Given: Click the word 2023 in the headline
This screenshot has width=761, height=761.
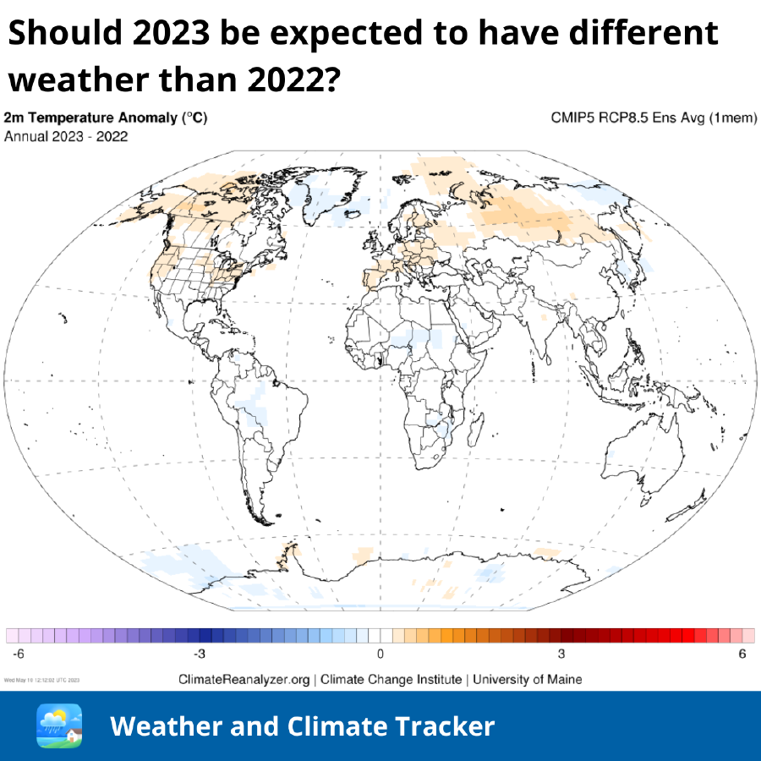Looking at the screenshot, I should tap(172, 34).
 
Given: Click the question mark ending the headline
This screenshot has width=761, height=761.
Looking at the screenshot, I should tap(332, 80).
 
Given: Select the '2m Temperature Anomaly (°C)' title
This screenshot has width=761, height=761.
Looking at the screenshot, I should tap(106, 118).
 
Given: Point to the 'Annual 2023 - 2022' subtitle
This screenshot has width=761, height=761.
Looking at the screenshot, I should tap(67, 136).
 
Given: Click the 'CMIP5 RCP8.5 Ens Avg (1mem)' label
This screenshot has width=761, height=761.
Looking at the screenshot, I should tap(654, 118).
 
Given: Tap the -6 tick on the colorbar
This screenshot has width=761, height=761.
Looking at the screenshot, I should tap(18, 654).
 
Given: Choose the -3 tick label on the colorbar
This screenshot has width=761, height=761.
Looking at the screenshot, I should tap(199, 654).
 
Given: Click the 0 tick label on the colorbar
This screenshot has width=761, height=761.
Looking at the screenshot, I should tap(380, 654).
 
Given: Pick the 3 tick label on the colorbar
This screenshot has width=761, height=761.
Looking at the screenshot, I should tap(561, 654).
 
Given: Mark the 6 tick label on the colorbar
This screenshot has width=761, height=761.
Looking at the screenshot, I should tap(742, 654).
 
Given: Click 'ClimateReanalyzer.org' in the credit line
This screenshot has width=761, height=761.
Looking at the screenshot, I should tap(244, 679).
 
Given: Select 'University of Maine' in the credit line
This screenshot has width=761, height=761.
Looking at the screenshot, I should tap(527, 679).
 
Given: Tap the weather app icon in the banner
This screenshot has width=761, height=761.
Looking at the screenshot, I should tap(59, 725).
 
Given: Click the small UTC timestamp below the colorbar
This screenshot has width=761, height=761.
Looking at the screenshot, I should tap(43, 679).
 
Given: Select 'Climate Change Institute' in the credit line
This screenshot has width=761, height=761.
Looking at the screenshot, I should tap(391, 679).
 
